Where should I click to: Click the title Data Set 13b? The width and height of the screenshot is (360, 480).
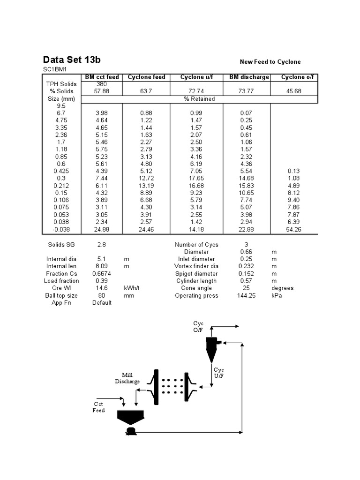tap(72, 60)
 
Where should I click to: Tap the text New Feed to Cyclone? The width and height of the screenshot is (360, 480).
tap(270, 62)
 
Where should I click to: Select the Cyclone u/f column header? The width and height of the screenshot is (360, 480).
tap(196, 77)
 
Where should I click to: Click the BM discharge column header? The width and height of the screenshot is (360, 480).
tap(249, 77)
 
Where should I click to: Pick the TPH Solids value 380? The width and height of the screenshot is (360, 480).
tap(102, 84)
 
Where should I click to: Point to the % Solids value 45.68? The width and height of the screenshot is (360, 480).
tap(293, 91)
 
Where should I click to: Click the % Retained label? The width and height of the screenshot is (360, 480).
tap(199, 99)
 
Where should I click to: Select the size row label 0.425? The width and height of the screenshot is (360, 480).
tap(61, 171)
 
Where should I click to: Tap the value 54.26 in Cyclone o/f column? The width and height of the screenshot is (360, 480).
tap(293, 229)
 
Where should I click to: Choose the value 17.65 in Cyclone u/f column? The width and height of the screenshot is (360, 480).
tap(196, 179)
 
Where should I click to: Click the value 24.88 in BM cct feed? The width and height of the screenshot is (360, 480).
tap(102, 229)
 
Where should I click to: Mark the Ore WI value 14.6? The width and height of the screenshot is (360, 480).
tap(102, 288)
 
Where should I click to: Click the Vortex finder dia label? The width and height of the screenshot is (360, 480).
tap(196, 266)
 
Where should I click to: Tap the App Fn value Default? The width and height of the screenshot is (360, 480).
tap(102, 303)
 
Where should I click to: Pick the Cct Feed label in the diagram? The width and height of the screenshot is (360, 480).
tap(98, 407)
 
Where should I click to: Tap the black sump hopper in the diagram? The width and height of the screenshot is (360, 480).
tap(130, 416)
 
